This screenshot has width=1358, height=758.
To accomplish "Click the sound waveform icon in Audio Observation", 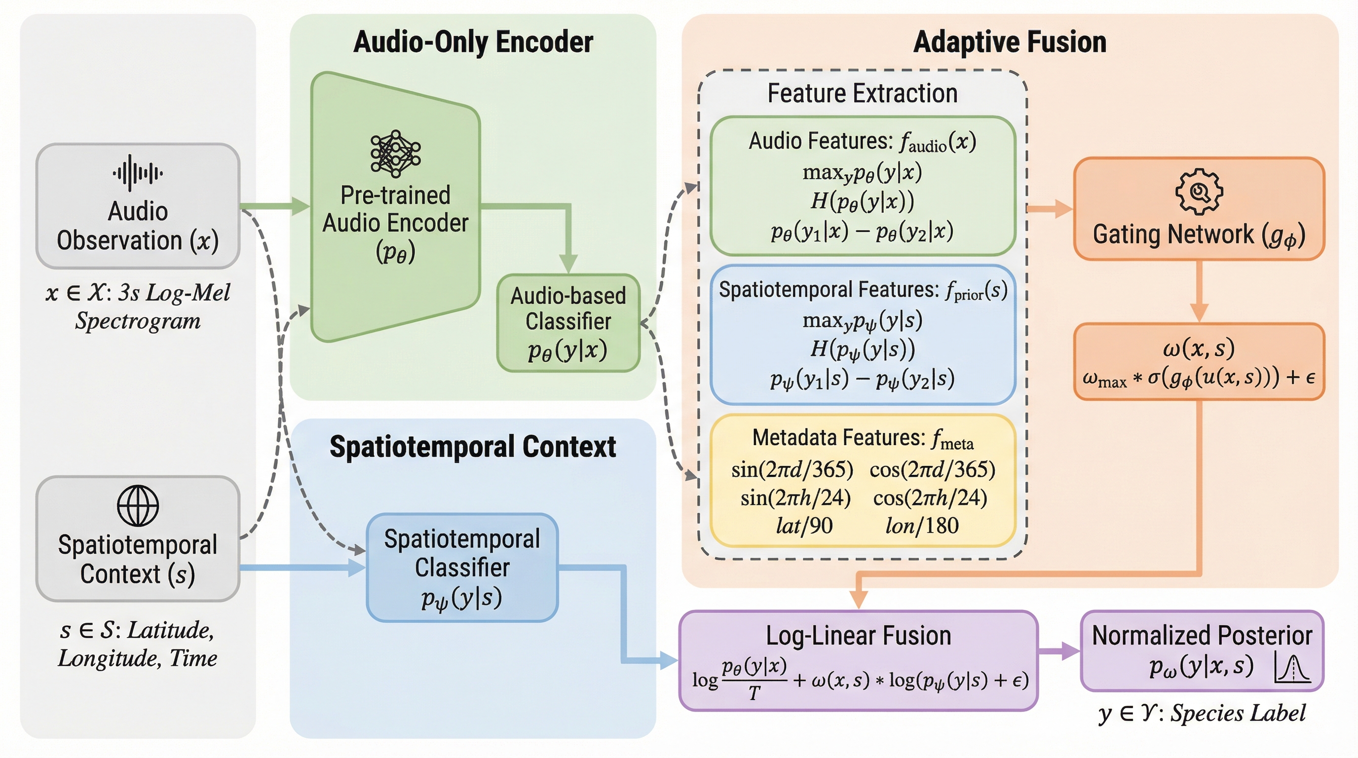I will click(138, 172).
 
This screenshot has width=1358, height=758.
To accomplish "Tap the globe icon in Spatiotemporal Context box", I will click(138, 505).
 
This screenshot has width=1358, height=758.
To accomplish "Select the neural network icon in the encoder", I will click(395, 153).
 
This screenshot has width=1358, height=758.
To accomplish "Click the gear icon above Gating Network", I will click(1199, 191).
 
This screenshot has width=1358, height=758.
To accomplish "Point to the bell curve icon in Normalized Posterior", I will click(1291, 668).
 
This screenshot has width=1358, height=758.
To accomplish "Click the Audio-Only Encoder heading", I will click(473, 42).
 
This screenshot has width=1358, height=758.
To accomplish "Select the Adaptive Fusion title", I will click(1009, 42).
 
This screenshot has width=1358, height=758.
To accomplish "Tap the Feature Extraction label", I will click(863, 93).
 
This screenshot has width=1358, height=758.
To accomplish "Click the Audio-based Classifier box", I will click(568, 323).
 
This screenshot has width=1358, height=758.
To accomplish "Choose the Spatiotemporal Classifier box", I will click(462, 568).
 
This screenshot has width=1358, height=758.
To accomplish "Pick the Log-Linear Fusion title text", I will click(858, 636).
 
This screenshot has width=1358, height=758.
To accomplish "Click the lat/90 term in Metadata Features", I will click(804, 526).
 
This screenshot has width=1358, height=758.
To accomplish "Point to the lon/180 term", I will click(922, 526).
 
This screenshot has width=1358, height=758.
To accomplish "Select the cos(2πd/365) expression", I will click(932, 469).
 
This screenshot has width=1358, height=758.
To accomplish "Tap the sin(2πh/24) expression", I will click(795, 497).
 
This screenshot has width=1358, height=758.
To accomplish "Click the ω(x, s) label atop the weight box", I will click(1199, 348).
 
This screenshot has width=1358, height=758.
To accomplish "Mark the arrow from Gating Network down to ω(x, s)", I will click(1199, 291).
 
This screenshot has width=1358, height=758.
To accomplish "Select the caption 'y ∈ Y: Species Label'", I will click(1202, 713).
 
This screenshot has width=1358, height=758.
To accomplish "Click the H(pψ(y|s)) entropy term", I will click(863, 349).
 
